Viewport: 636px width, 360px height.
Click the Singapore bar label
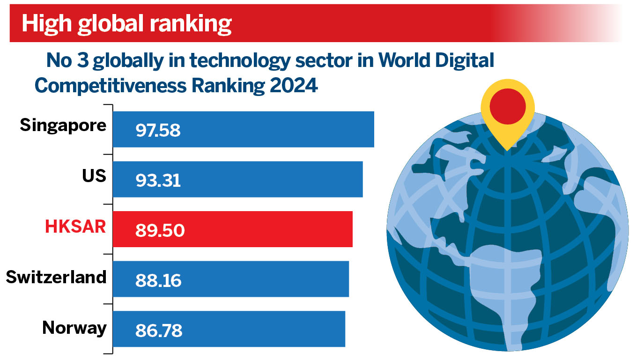(63, 126)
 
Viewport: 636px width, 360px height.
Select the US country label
(94, 176)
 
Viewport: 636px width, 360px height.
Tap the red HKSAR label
(75, 227)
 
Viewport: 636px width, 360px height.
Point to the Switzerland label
(56, 277)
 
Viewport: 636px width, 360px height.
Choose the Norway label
(74, 327)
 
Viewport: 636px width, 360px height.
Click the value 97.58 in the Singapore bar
(158, 131)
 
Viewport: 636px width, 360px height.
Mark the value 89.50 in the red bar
(160, 231)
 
